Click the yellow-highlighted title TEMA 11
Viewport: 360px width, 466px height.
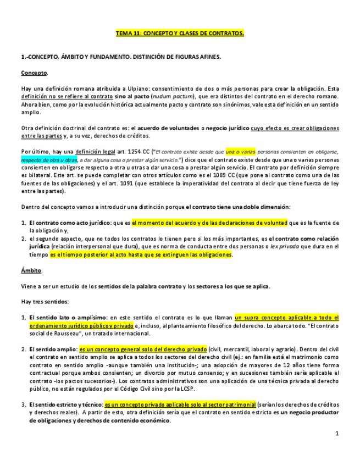tap(180, 34)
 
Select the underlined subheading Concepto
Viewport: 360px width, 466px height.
tap(34, 73)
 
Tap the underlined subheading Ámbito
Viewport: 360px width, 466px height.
tap(31, 270)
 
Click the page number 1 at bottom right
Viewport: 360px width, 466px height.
tap(337, 434)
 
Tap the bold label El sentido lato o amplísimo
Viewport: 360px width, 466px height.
tap(67, 318)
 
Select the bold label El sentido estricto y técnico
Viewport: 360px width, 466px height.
tap(65, 404)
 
